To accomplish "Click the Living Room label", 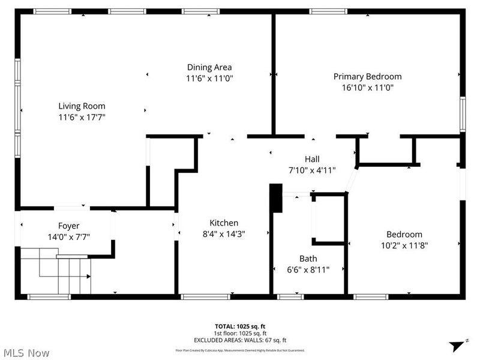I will [82, 106].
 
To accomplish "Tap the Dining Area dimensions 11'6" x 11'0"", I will [209, 78].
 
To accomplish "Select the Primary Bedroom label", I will [367, 76].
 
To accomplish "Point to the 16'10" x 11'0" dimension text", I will [367, 87].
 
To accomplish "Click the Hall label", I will [312, 159].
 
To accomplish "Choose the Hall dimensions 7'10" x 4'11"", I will [312, 170].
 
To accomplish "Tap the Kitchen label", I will [224, 223].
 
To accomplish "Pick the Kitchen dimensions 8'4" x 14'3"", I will [224, 233].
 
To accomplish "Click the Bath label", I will [308, 259].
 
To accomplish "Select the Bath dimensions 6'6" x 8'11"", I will [308, 269].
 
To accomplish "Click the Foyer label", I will [68, 226].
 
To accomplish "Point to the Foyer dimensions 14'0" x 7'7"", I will [68, 236].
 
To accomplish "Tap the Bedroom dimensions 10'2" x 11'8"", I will [404, 245].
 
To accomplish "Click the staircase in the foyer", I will [55, 273].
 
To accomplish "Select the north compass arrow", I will [458, 344].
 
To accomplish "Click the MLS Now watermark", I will [26, 353].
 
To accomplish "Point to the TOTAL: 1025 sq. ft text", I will [239, 327].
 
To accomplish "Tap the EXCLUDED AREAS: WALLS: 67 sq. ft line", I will [239, 340].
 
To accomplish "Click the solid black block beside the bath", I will [275, 199].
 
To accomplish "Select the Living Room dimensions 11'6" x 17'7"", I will [82, 118].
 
